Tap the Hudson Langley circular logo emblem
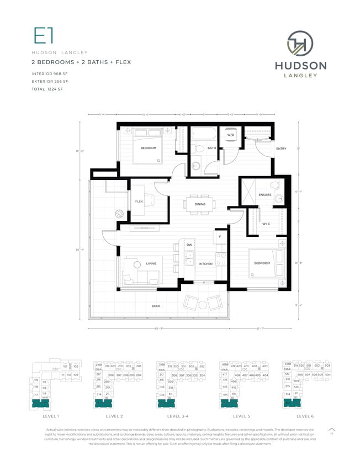(300, 44)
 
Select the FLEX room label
(139, 202)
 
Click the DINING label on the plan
(200, 204)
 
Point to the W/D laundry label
(230, 135)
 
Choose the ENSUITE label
(265, 194)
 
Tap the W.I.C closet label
(266, 224)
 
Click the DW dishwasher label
(189, 244)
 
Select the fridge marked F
(220, 237)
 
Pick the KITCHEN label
(206, 264)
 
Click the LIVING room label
(151, 264)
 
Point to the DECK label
(156, 306)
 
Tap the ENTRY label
(281, 149)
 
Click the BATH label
(211, 148)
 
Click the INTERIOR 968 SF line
(50, 75)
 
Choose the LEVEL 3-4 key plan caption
(178, 416)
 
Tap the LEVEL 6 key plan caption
(304, 416)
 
